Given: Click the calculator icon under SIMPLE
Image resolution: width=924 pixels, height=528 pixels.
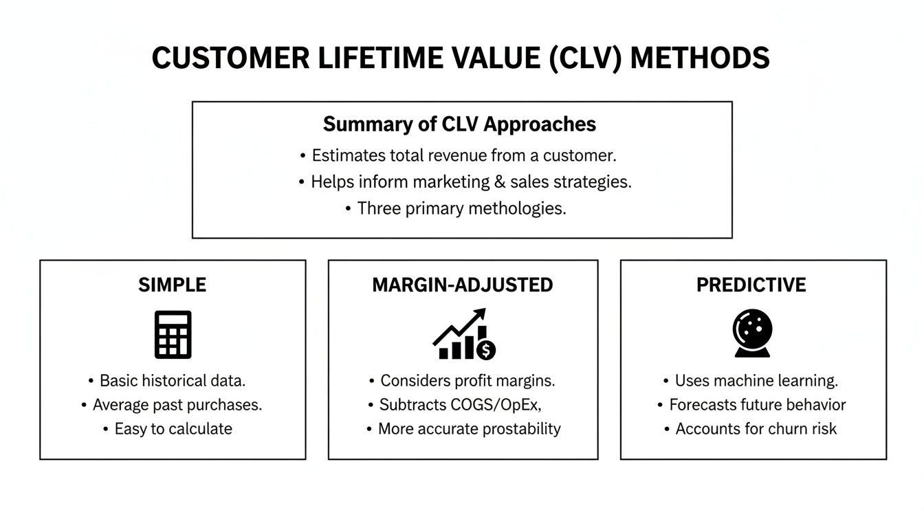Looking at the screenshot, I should pos(173,335).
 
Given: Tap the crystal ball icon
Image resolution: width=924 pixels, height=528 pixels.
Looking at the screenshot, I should pos(752,333).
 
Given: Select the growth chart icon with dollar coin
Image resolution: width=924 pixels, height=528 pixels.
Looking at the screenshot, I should pos(463,335).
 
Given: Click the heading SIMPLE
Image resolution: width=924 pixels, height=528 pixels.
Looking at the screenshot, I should pos(173,285).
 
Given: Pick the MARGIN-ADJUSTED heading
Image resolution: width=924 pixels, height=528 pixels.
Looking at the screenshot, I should pos(463,285).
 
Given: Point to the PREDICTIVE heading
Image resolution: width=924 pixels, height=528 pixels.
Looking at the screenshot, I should pos(751,285).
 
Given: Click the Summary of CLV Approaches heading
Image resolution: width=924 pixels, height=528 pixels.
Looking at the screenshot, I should pos(459,124).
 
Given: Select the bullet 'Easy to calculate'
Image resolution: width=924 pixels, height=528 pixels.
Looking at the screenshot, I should pos(173,429).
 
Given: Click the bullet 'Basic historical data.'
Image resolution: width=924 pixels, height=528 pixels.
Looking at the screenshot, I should pos(173,381).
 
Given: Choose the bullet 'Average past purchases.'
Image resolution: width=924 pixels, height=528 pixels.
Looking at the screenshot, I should pos(177,405).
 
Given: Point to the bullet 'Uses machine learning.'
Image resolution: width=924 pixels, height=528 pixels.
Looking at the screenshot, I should pos(756,381).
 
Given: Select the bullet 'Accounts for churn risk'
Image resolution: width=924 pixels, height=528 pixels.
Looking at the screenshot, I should pos(756,429).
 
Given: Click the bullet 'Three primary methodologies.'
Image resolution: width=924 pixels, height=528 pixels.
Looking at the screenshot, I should pos(461,208).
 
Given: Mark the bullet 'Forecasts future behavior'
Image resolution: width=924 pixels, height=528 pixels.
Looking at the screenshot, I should pos(757,405).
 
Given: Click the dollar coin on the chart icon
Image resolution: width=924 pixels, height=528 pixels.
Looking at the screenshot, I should pos(486,350).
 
